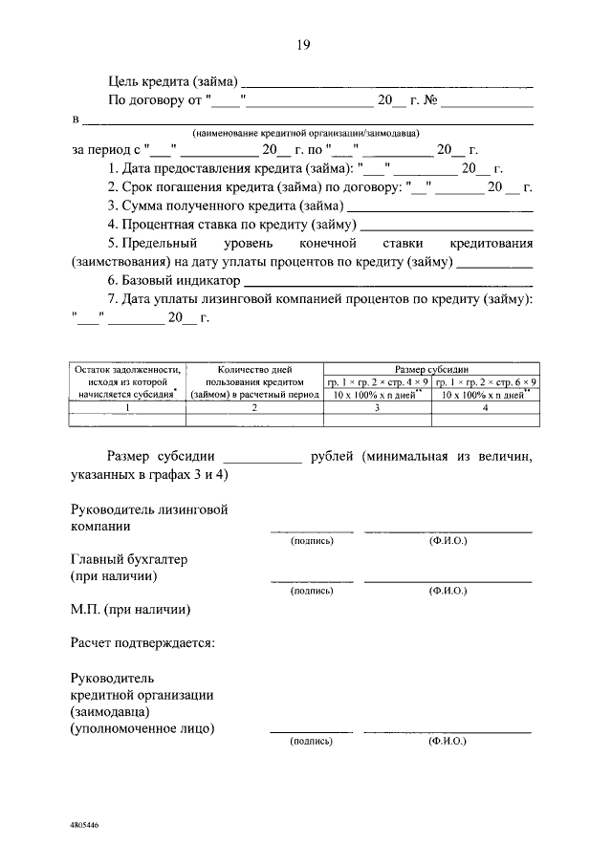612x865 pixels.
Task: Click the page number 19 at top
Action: pos(304,44)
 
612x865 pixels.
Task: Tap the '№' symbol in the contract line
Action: pos(429,98)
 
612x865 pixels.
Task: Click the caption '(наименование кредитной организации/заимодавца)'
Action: pos(305,133)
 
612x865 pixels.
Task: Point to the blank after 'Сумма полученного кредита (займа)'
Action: pos(440,206)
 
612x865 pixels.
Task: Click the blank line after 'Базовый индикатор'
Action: pos(388,282)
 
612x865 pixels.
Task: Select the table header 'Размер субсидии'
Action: pos(431,369)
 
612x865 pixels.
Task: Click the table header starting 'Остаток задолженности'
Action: pos(126,380)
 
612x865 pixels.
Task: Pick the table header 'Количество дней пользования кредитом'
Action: pos(253,380)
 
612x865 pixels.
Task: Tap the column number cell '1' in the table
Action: pos(126,408)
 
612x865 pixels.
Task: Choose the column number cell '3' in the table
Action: pos(378,408)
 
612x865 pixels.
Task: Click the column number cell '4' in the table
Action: pos(485,408)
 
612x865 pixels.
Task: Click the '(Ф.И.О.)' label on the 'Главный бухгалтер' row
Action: pos(448,592)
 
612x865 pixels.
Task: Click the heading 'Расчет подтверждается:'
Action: pos(142,642)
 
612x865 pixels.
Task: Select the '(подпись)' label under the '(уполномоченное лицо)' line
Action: pos(312,741)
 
